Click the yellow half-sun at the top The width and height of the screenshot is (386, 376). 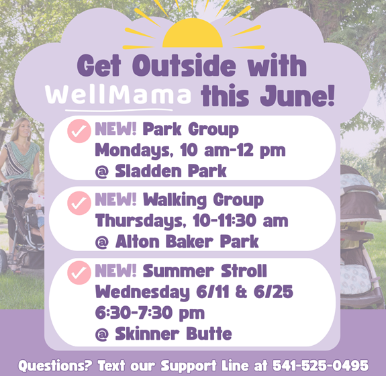click(x=193, y=34)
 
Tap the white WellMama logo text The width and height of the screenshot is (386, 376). click(x=118, y=95)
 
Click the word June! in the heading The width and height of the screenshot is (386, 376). click(x=297, y=95)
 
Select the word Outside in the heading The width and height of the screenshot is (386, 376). click(x=184, y=65)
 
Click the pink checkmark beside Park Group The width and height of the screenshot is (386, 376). click(x=79, y=131)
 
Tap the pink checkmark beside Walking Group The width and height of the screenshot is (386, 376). click(x=79, y=203)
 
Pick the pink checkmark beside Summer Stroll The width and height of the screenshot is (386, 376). click(x=79, y=273)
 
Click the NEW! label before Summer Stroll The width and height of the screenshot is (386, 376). click(x=115, y=271)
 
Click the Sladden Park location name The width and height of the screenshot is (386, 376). click(x=171, y=171)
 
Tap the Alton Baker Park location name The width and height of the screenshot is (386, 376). click(x=187, y=241)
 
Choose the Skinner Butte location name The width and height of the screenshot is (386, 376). click(x=173, y=334)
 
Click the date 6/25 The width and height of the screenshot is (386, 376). click(x=273, y=292)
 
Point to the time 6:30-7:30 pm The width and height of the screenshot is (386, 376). click(x=150, y=313)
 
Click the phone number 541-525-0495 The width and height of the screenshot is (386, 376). click(x=320, y=365)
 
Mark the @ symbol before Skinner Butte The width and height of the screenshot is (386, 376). click(x=101, y=334)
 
